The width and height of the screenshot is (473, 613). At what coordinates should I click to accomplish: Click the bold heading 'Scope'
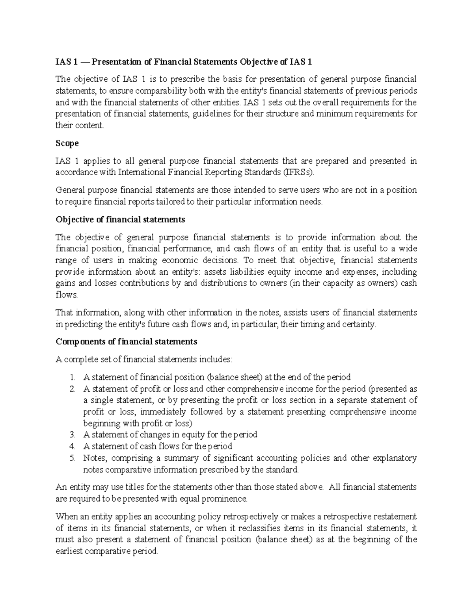point(67,143)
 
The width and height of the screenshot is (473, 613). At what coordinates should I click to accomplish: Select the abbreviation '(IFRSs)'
point(300,172)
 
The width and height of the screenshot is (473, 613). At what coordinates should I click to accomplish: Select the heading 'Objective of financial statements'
point(120,219)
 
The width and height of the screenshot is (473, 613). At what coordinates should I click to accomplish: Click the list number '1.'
point(72,377)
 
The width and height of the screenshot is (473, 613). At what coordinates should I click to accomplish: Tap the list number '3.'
point(72,435)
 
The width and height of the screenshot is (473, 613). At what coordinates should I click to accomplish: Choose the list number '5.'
point(72,458)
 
